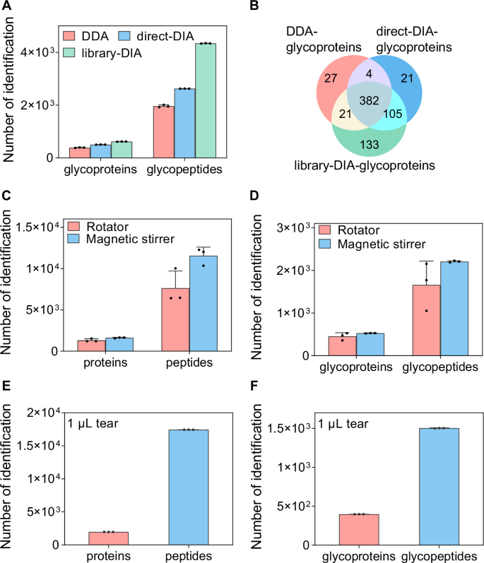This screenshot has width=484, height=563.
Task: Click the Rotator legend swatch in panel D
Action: click(x=306, y=230)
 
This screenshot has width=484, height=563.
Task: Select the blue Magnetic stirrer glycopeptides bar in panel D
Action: click(x=455, y=308)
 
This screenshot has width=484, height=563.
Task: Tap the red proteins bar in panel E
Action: click(x=108, y=538)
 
